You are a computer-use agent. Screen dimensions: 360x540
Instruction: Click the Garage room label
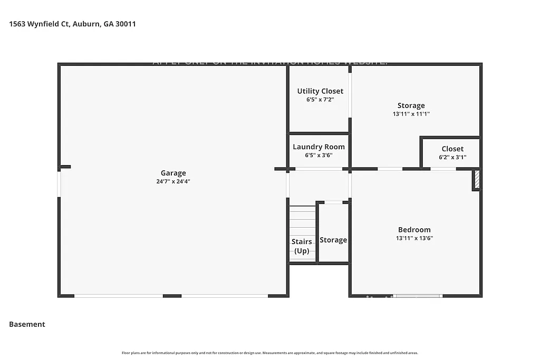[173, 173]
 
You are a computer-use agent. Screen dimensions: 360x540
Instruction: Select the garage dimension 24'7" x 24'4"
[173, 181]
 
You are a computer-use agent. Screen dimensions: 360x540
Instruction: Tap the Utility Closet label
[320, 91]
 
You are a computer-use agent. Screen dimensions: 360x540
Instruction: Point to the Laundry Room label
[319, 147]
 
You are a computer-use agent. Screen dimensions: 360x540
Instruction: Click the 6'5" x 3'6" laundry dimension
[319, 155]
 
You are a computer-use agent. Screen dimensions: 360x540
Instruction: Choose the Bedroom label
[414, 230]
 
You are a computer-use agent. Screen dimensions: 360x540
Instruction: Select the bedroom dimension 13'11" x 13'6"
[414, 238]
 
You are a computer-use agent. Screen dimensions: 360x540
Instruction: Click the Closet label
[452, 149]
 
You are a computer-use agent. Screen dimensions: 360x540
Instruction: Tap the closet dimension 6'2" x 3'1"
[452, 157]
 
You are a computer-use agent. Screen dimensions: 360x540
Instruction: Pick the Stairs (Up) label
[302, 246]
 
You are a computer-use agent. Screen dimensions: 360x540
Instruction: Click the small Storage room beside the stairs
[333, 240]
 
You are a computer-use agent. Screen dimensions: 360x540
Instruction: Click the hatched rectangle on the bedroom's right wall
[476, 179]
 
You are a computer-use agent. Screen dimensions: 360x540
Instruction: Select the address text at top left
[73, 24]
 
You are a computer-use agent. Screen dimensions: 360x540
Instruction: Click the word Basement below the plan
[27, 324]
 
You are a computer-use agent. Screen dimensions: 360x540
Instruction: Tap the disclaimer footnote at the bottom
[270, 353]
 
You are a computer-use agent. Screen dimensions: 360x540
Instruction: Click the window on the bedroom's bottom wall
[418, 296]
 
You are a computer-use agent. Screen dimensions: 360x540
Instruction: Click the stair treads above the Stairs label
[302, 221]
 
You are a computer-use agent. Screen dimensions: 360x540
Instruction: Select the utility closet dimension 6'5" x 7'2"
[320, 99]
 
